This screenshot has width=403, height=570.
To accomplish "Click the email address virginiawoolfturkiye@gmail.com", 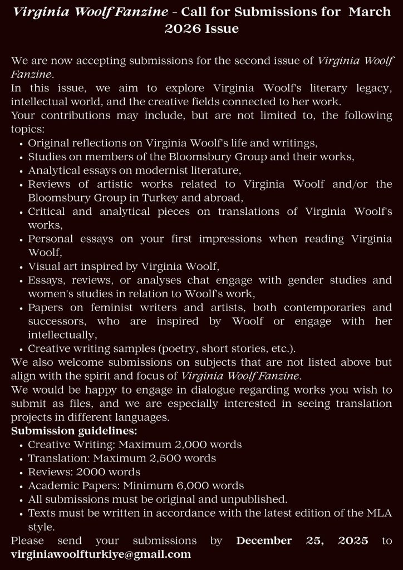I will (x=101, y=554).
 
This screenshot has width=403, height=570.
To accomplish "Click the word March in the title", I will (x=370, y=13).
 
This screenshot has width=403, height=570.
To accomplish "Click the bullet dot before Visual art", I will (x=21, y=267).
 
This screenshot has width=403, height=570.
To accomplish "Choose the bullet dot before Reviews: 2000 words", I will (x=21, y=473).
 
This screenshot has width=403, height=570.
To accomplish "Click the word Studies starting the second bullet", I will (x=46, y=157).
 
